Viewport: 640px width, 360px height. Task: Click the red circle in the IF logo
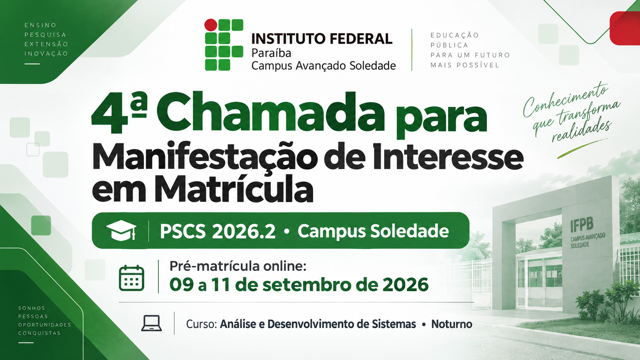pyautogui.click(x=211, y=25)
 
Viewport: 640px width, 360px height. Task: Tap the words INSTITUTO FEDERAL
pyautogui.click(x=322, y=39)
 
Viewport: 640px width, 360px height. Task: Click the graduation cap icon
pyautogui.click(x=121, y=230)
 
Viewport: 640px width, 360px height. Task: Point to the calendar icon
pyautogui.click(x=131, y=278)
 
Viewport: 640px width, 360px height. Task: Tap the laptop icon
pyautogui.click(x=152, y=323)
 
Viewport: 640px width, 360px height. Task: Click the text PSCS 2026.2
pyautogui.click(x=218, y=231)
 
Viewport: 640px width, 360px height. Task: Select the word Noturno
pyautogui.click(x=452, y=324)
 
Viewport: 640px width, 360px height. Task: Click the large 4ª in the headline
pyautogui.click(x=119, y=113)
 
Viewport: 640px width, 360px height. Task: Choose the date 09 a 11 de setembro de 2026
pyautogui.click(x=299, y=285)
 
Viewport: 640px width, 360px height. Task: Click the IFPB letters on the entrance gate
pyautogui.click(x=582, y=225)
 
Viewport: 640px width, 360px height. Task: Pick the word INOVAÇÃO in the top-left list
pyautogui.click(x=46, y=54)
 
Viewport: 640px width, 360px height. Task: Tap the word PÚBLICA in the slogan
pyautogui.click(x=449, y=45)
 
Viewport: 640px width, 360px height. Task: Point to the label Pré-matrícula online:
pyautogui.click(x=238, y=266)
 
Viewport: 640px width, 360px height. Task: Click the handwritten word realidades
pyautogui.click(x=582, y=131)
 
